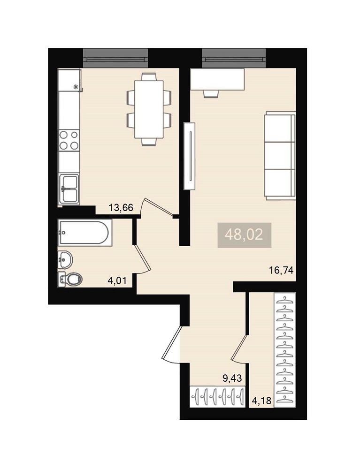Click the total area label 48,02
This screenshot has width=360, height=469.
pyautogui.click(x=244, y=235)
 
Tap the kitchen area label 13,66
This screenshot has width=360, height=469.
pyautogui.click(x=121, y=207)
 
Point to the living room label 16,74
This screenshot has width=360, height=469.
pyautogui.click(x=281, y=271)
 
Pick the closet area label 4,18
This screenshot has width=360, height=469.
pyautogui.click(x=262, y=401)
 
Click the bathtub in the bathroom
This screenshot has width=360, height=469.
pyautogui.click(x=84, y=233)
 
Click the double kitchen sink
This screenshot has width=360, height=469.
pyautogui.click(x=69, y=189)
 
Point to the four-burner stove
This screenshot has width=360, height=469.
pyautogui.click(x=69, y=140)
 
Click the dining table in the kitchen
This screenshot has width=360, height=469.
pyautogui.click(x=149, y=109)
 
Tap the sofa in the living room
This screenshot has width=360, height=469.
pyautogui.click(x=280, y=155)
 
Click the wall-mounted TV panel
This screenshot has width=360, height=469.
pyautogui.click(x=189, y=156)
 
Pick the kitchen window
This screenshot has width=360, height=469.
pyautogui.click(x=115, y=58)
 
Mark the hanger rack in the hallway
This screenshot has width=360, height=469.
pyautogui.click(x=218, y=396)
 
